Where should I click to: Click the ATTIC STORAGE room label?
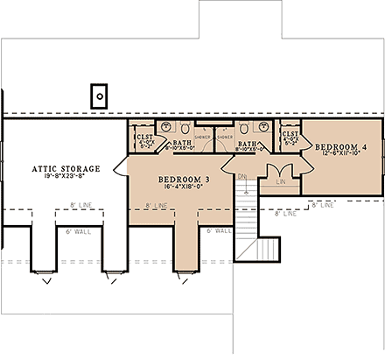tap(66, 168)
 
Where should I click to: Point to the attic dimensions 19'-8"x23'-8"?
tap(66, 177)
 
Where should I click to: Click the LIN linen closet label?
tap(279, 181)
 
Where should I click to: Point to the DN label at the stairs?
tap(242, 174)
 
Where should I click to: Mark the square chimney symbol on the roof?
tap(101, 94)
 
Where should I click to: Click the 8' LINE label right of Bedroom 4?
tap(322, 205)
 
